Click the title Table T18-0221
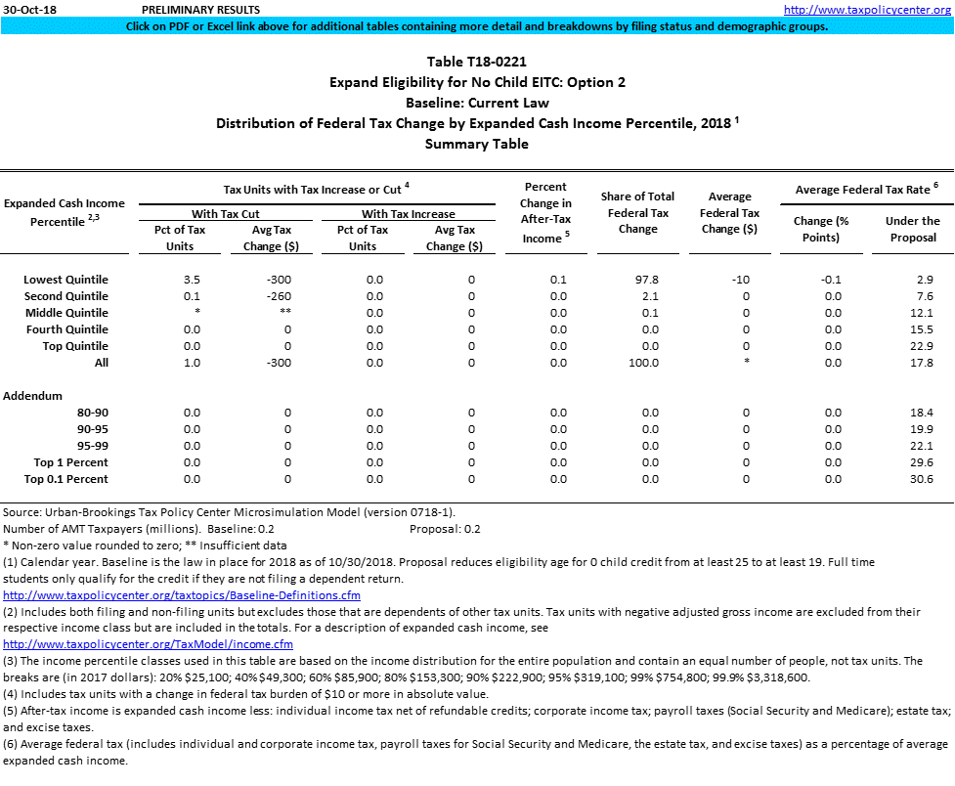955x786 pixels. click(477, 62)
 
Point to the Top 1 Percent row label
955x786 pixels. click(71, 462)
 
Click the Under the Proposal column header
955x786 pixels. click(912, 229)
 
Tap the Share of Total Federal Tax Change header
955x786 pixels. click(638, 213)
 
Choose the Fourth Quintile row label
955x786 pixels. click(67, 329)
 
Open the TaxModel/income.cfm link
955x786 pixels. click(148, 644)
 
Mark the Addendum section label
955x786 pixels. click(32, 396)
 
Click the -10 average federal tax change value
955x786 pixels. click(740, 280)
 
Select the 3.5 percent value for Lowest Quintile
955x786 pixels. click(192, 280)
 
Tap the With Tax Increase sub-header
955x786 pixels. click(408, 213)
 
